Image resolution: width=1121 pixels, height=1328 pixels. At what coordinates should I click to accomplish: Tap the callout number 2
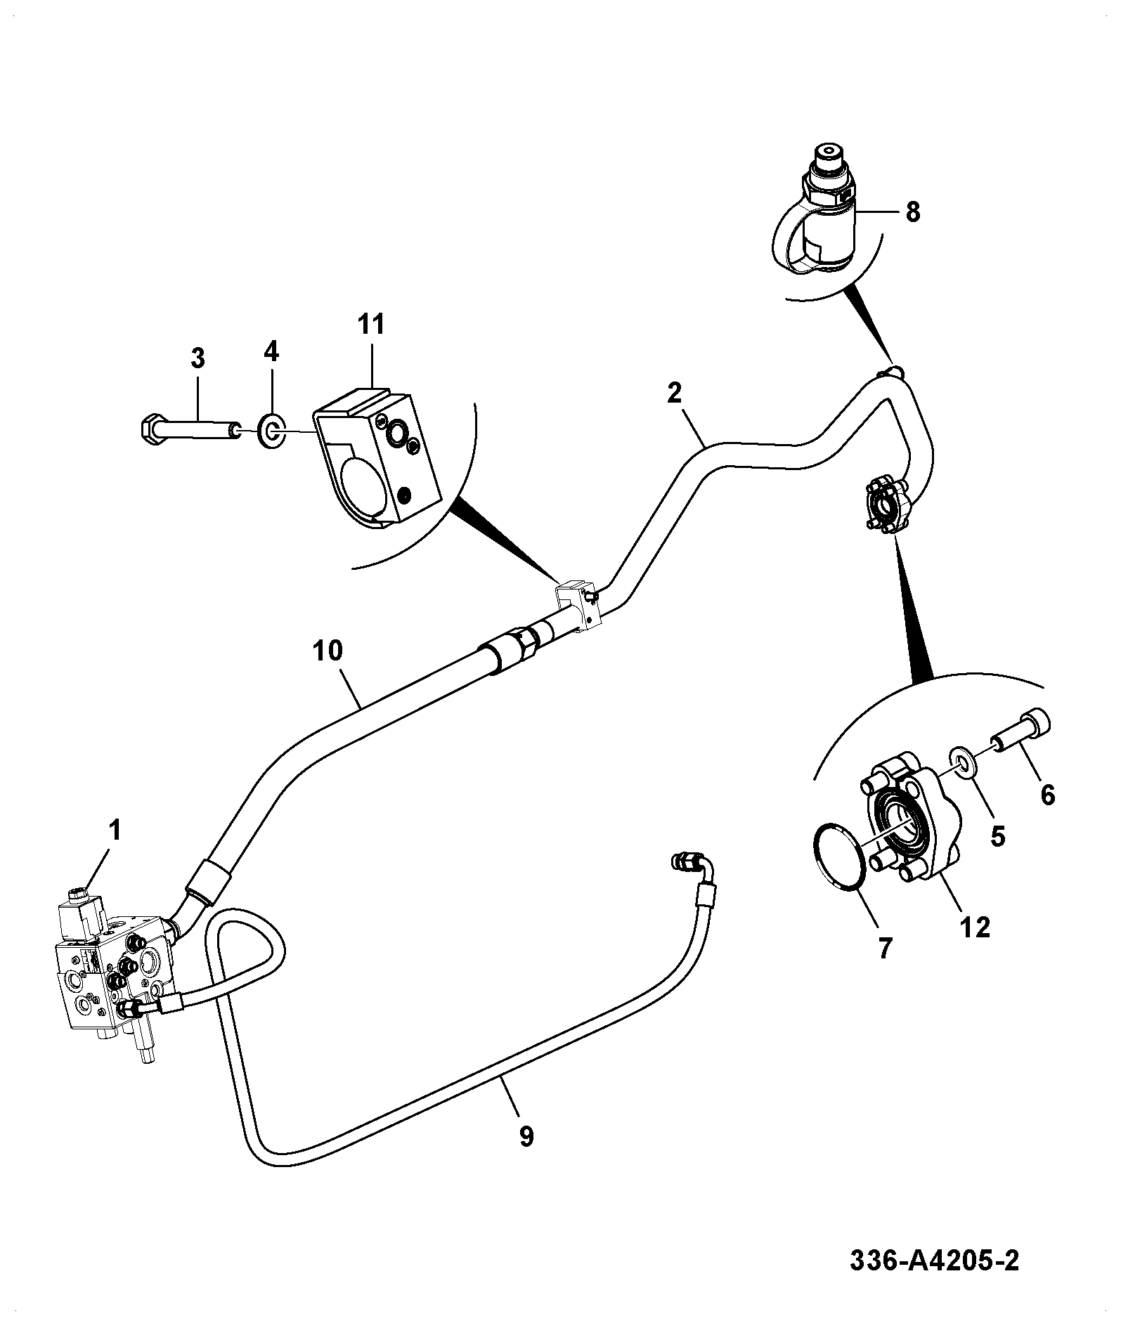click(674, 393)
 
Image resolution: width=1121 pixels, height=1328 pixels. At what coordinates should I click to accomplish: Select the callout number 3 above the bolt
click(197, 358)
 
